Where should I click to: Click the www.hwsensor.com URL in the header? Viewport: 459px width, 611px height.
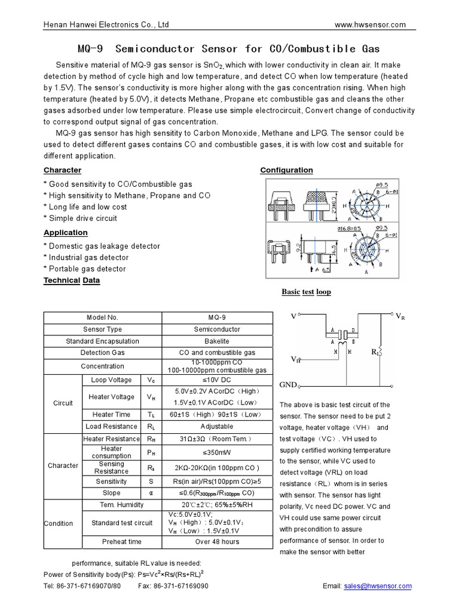370,24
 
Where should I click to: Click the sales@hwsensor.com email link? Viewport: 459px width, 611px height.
378,586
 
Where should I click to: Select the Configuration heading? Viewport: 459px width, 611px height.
286,170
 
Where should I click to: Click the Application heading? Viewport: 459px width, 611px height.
66,233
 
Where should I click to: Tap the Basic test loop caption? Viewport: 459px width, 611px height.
306,292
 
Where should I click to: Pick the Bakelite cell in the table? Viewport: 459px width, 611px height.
217,341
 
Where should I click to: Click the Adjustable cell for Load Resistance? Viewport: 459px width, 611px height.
217,427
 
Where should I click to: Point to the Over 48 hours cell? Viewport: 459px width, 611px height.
217,541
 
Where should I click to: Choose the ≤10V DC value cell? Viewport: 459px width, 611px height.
217,379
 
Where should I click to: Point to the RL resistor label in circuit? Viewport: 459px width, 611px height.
375,353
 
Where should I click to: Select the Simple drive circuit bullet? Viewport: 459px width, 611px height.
81,218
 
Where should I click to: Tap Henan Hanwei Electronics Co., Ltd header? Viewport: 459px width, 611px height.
106,24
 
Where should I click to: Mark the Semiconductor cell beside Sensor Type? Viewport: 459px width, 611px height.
217,329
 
